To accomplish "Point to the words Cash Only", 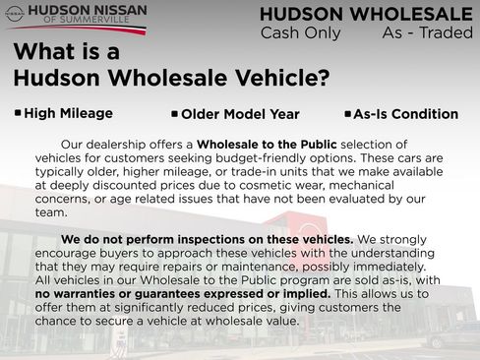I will coord(300,33).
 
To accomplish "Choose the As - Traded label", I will coord(426,33).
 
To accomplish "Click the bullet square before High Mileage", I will coord(17,113).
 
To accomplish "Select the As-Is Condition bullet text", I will coord(405,114).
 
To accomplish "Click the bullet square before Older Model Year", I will coord(174,114).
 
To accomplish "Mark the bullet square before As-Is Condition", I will coord(347,114).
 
